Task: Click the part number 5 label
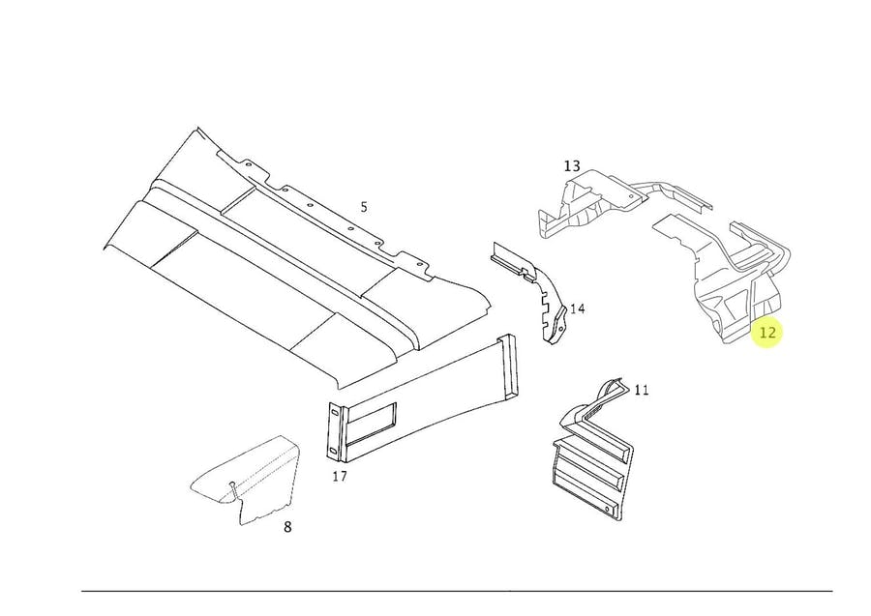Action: [x=364, y=207]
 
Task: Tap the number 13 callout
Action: [x=571, y=166]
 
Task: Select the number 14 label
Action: [x=577, y=309]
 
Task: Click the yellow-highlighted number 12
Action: [x=767, y=333]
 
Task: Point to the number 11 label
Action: [x=642, y=391]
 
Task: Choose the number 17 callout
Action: [x=340, y=477]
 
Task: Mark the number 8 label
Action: [x=287, y=527]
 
